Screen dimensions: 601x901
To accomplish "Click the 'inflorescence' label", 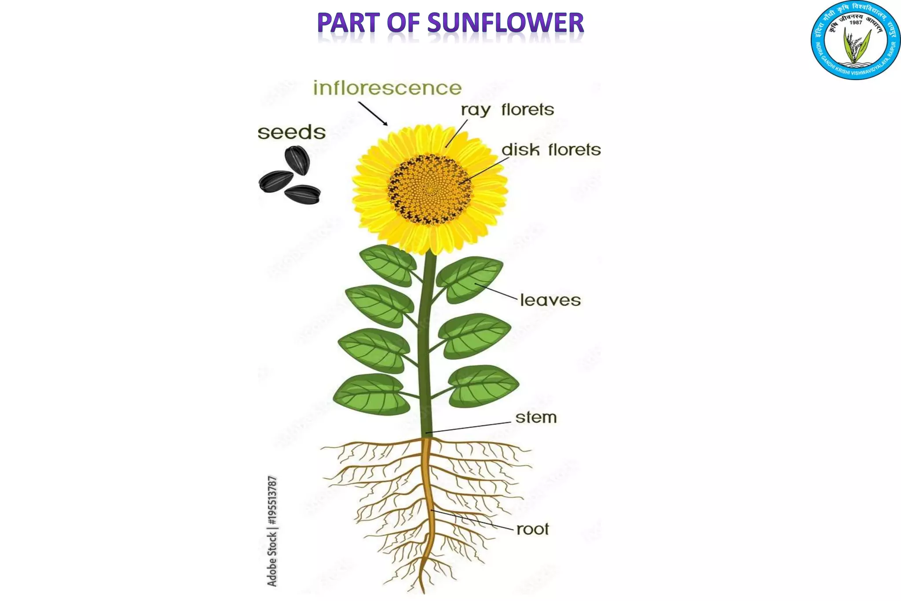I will [x=387, y=88].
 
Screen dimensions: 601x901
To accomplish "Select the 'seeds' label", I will [x=291, y=132].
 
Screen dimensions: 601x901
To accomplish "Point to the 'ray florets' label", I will [x=507, y=110].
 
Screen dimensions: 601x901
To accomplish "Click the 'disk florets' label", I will [x=551, y=150].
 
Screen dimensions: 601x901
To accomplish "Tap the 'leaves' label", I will [x=550, y=300].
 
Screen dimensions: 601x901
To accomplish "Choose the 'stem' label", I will [x=536, y=417].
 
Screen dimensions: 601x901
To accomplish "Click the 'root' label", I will [x=532, y=529].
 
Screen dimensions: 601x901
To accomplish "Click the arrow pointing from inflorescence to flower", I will [x=373, y=114].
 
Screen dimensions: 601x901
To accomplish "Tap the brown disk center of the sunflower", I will [x=429, y=189].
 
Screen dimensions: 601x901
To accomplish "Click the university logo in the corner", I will [x=855, y=41].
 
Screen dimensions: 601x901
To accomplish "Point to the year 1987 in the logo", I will [x=856, y=22].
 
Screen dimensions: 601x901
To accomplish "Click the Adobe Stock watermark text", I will [x=272, y=531].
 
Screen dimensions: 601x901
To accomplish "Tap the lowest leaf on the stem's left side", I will [x=371, y=395].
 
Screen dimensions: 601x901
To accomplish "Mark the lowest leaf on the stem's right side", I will [x=483, y=386].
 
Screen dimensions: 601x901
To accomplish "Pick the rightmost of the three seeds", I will [x=303, y=194].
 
